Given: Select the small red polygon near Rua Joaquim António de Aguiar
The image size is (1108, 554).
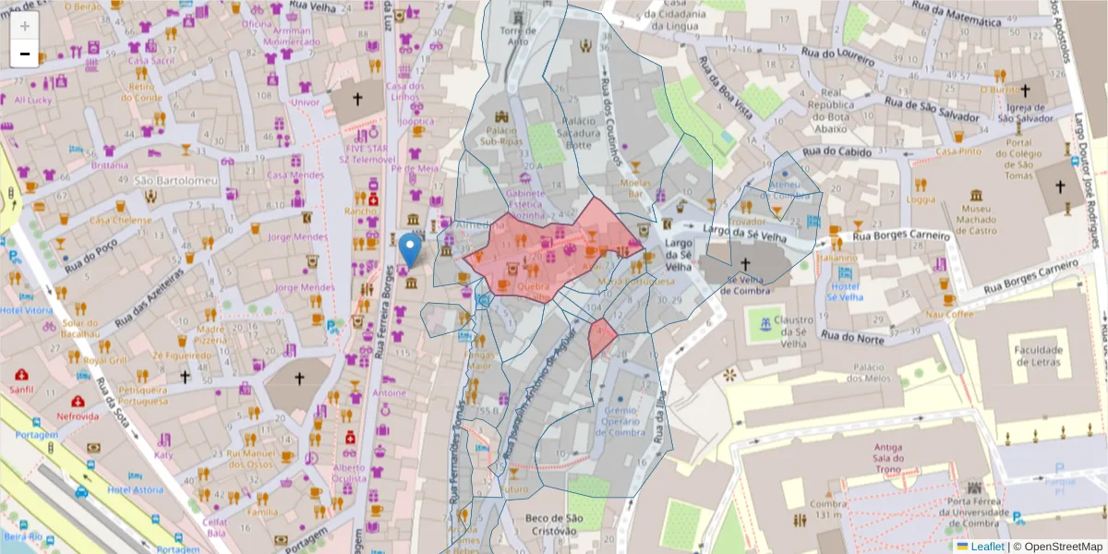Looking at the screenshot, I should [602, 339].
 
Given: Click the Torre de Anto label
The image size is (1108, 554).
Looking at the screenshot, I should [519, 35].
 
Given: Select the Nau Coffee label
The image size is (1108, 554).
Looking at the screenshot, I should [949, 314].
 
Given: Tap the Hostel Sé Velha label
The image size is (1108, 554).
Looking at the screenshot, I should [844, 291].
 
